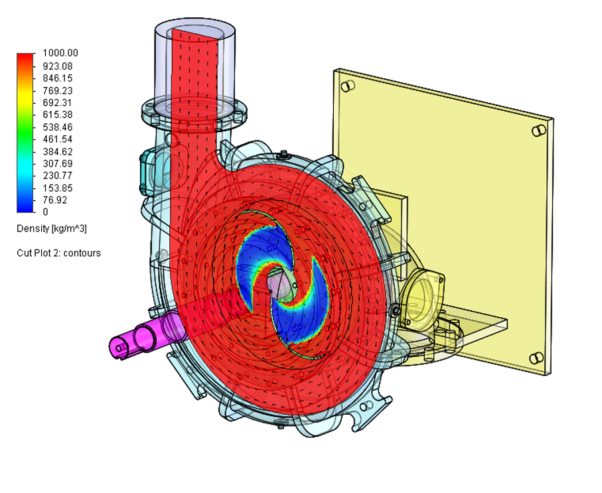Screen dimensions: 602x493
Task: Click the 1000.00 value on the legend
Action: coord(60,52)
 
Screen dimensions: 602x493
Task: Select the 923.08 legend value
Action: coord(58,66)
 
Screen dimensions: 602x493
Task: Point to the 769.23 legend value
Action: coord(58,91)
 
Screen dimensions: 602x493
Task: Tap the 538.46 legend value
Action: coord(58,127)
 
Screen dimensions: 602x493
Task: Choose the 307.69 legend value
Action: coord(58,164)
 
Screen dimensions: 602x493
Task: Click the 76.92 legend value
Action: coord(55,200)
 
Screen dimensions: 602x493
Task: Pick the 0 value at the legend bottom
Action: coord(46,212)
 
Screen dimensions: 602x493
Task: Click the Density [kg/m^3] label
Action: coord(52,229)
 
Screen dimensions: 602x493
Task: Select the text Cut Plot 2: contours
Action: coord(59,253)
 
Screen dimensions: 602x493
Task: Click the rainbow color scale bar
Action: coord(25,133)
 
